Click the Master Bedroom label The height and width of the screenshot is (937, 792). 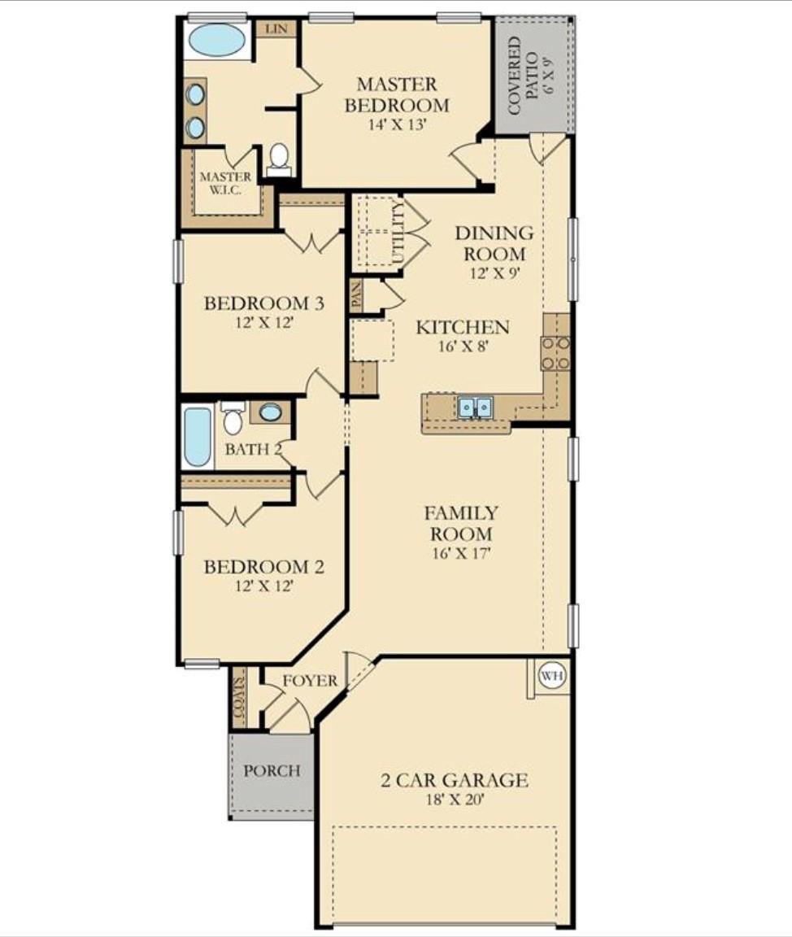pos(396,94)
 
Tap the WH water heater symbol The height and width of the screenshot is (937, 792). pos(552,675)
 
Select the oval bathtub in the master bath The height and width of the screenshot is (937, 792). pos(217,40)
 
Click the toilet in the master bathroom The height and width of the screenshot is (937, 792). pos(279,157)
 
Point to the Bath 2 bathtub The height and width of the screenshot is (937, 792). pos(197,437)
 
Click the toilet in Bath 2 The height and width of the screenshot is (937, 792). pos(233,419)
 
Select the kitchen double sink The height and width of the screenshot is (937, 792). pos(474,407)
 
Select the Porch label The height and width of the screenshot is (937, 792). pos(272,770)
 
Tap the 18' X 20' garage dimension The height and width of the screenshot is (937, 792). pos(455,800)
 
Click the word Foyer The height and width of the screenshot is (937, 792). pos(309,680)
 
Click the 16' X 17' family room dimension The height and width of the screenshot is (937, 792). pos(461,554)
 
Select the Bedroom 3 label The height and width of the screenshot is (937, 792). pos(263,303)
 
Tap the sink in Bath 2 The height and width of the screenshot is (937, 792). pos(270,412)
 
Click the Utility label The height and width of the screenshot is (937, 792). pos(398,231)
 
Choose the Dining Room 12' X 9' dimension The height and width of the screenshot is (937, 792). pos(494,273)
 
